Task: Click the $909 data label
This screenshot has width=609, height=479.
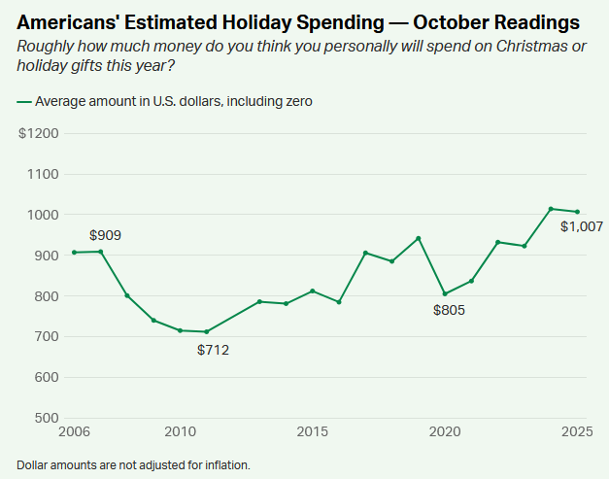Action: click(x=105, y=235)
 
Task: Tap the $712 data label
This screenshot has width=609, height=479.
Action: click(x=213, y=350)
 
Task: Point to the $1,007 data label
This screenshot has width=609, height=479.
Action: click(x=582, y=226)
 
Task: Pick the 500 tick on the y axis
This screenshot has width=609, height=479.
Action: click(x=45, y=418)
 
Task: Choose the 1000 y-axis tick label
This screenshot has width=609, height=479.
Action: click(x=42, y=215)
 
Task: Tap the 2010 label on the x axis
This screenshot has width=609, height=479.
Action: click(x=181, y=430)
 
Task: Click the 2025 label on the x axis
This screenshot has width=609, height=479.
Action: click(x=576, y=430)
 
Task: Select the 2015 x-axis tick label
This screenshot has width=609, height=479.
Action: click(x=312, y=430)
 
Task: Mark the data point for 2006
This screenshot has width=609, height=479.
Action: click(x=75, y=253)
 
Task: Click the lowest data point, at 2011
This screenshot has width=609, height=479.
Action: click(x=207, y=331)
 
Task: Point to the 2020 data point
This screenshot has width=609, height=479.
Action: click(x=445, y=293)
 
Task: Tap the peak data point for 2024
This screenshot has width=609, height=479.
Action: click(x=551, y=209)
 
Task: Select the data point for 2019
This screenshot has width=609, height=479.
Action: click(x=419, y=238)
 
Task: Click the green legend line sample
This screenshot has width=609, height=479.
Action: click(x=23, y=100)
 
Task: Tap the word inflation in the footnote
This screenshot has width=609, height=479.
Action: click(x=224, y=465)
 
